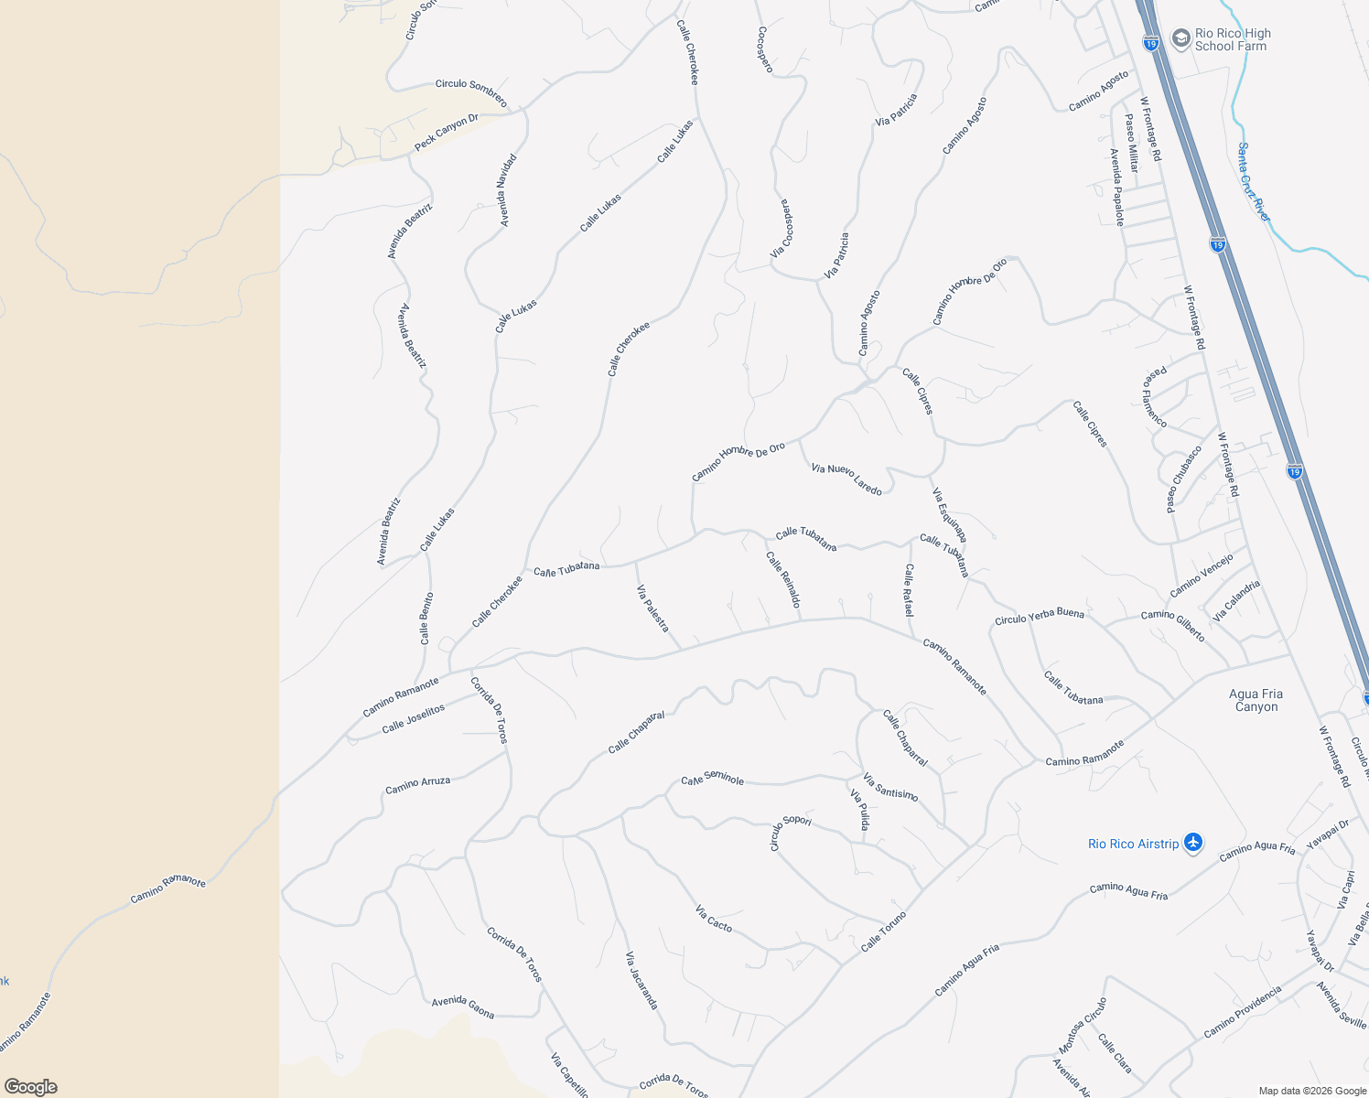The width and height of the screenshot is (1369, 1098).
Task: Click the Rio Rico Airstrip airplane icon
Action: tap(1192, 843)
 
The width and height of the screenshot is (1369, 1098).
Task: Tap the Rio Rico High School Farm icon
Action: tap(1180, 39)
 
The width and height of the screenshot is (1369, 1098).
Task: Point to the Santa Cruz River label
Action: tap(1254, 181)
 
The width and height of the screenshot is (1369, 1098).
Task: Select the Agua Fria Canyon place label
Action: tap(1256, 700)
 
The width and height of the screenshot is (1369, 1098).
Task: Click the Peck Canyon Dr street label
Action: tap(446, 133)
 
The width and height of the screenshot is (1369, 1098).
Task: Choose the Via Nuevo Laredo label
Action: tap(846, 479)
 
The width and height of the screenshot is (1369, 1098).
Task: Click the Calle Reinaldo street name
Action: tap(783, 579)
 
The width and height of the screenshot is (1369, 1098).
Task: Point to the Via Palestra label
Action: tap(652, 609)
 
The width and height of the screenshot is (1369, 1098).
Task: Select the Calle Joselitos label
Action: tap(413, 718)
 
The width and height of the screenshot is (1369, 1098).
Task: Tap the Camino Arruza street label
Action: tap(417, 785)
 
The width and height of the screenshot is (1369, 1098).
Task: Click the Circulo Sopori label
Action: tap(790, 831)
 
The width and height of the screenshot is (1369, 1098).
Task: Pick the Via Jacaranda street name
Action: tap(641, 980)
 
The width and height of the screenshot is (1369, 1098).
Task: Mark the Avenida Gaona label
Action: tap(463, 1007)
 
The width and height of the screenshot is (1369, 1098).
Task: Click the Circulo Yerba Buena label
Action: tap(1039, 617)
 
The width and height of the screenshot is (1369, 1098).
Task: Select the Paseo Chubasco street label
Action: tap(1183, 479)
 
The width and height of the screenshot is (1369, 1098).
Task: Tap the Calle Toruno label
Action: tap(883, 931)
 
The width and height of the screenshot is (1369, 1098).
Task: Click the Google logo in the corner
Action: tap(30, 1086)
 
